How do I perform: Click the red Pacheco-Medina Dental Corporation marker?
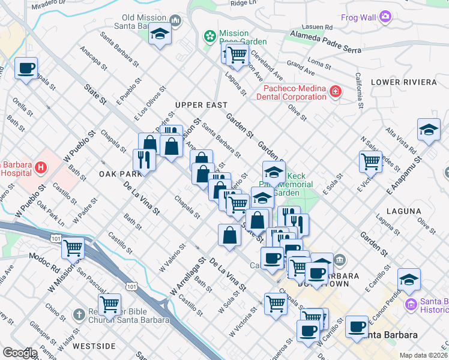[x=335, y=92]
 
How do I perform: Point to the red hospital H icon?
[x=41, y=167]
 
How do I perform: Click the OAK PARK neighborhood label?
[x=120, y=173]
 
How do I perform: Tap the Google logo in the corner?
[x=19, y=353]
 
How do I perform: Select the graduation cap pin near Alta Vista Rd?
[x=429, y=130]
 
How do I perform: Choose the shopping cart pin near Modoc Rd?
[x=73, y=247]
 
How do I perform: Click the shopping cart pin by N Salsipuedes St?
[x=370, y=161]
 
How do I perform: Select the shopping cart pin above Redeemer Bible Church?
[x=110, y=304]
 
